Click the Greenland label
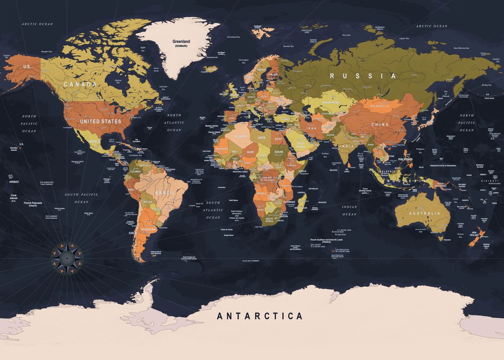[181, 42]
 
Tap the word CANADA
[80, 84]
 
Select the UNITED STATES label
[100, 121]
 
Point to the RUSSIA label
[363, 76]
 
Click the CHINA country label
[380, 125]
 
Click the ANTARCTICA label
[260, 316]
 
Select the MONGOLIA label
[380, 106]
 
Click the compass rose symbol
[66, 255]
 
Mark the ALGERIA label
[240, 137]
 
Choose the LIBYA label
[262, 138]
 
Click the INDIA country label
[346, 146]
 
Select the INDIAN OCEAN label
[349, 210]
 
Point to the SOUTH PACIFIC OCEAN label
[81, 198]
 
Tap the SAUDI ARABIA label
[301, 145]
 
